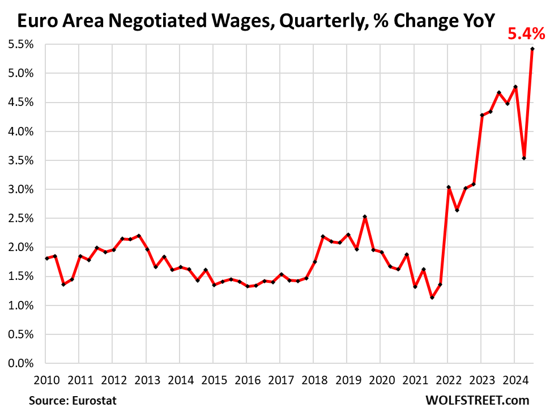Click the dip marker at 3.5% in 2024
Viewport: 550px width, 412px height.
pos(525,158)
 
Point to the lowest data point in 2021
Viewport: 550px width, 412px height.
pos(432,298)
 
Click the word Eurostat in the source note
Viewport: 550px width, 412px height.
pos(94,400)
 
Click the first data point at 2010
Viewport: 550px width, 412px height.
pos(46,258)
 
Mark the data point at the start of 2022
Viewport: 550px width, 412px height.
pos(447,187)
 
